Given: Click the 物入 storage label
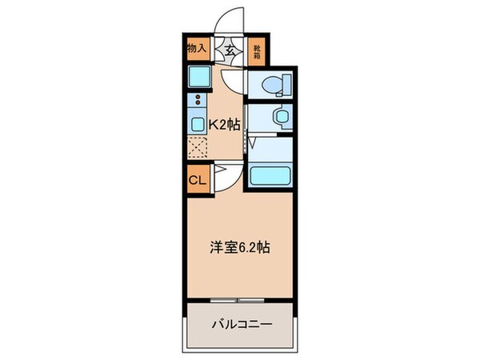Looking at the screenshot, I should [198, 49].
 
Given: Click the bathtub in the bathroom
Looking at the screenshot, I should [271, 174].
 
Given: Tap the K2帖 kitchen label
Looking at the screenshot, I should [224, 124].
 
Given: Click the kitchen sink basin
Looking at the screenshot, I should [197, 123].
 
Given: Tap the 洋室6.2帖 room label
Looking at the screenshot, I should [240, 247].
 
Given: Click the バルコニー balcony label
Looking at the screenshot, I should [242, 325].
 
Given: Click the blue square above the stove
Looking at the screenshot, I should [197, 78].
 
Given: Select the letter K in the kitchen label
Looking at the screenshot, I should [214, 124].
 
